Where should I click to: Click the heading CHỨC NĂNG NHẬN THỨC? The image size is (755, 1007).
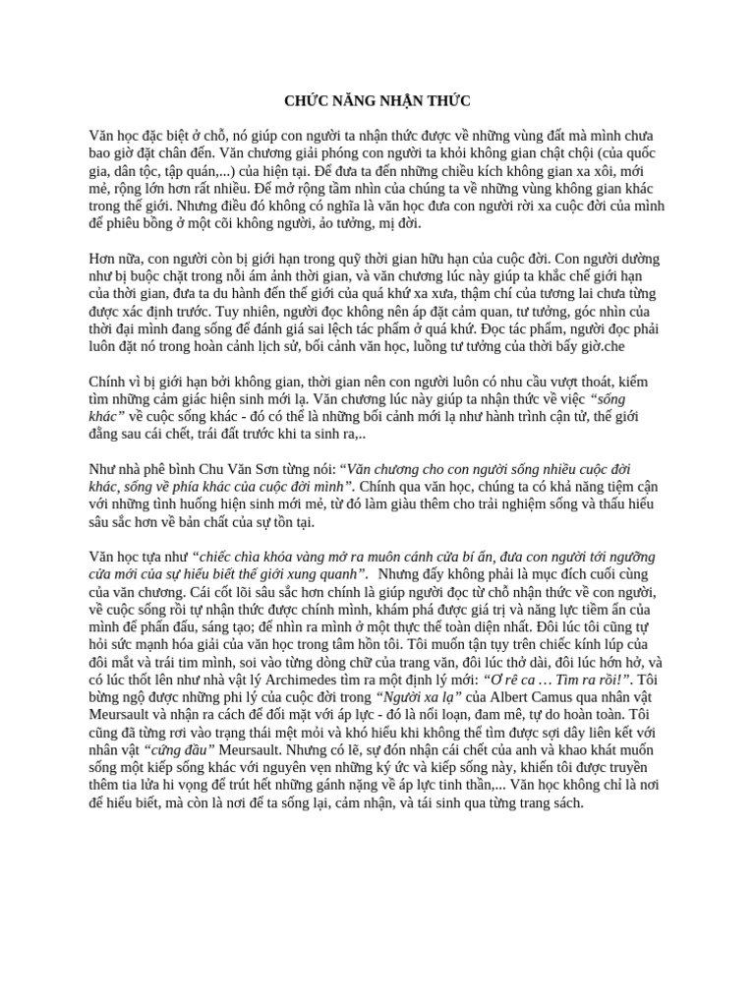click(377, 100)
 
